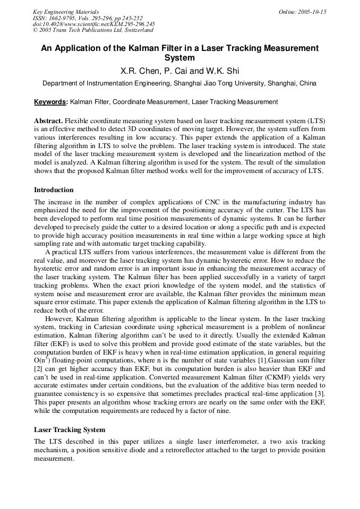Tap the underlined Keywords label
[50, 101]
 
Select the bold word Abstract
[48, 120]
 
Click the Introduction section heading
[54, 189]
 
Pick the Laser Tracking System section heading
[70, 429]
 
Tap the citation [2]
[38, 368]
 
